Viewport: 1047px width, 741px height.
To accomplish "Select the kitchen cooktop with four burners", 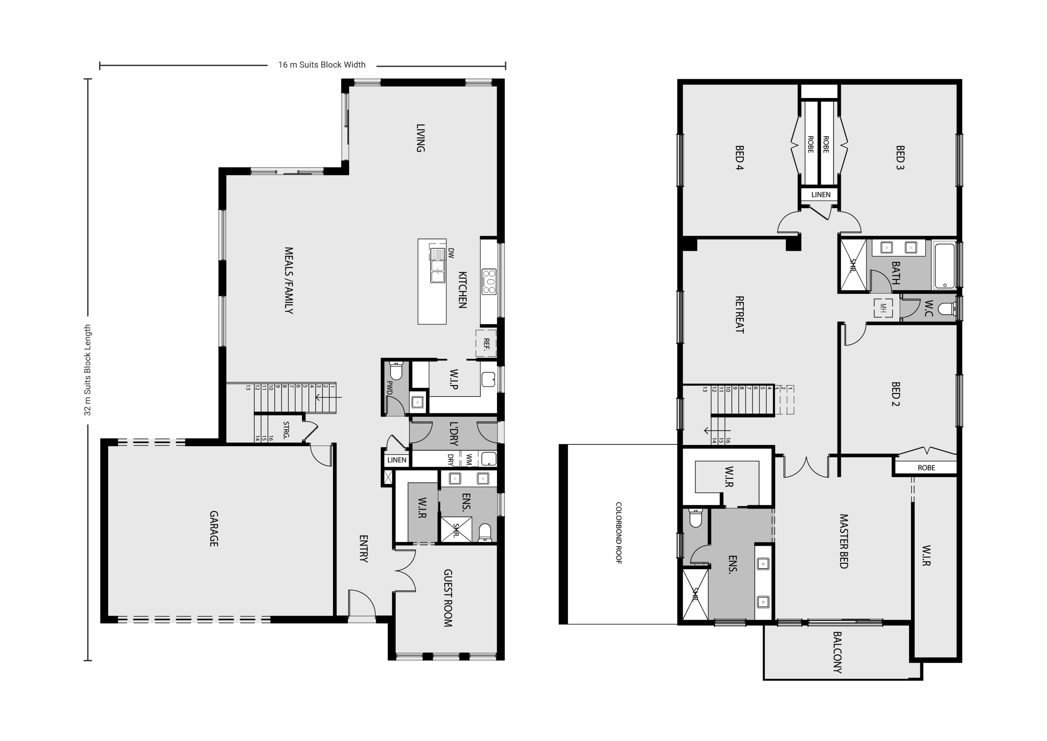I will (489, 282).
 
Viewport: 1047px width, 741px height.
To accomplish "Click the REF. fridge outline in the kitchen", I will (486, 343).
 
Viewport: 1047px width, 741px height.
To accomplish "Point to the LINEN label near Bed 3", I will (821, 194).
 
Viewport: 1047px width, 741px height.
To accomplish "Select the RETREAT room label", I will (740, 314).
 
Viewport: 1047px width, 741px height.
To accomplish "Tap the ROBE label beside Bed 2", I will (926, 468).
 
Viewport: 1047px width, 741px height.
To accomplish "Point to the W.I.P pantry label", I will (454, 379).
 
